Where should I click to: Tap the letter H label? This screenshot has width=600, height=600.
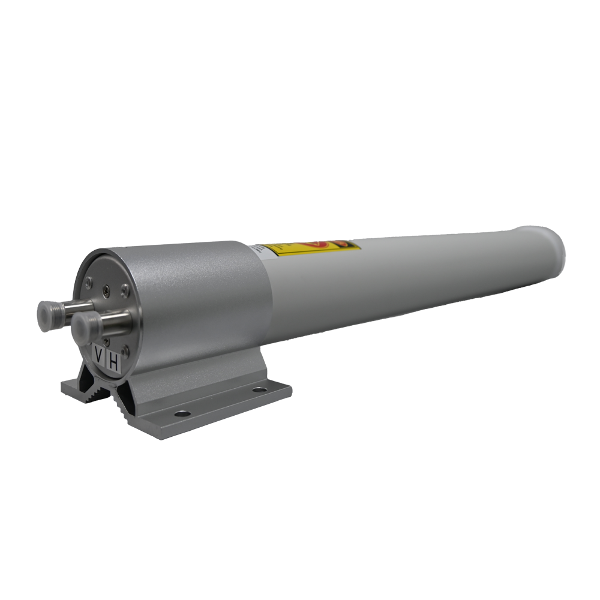[114, 363]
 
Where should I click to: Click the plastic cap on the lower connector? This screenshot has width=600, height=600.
[87, 327]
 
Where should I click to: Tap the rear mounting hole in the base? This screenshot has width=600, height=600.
[259, 390]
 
